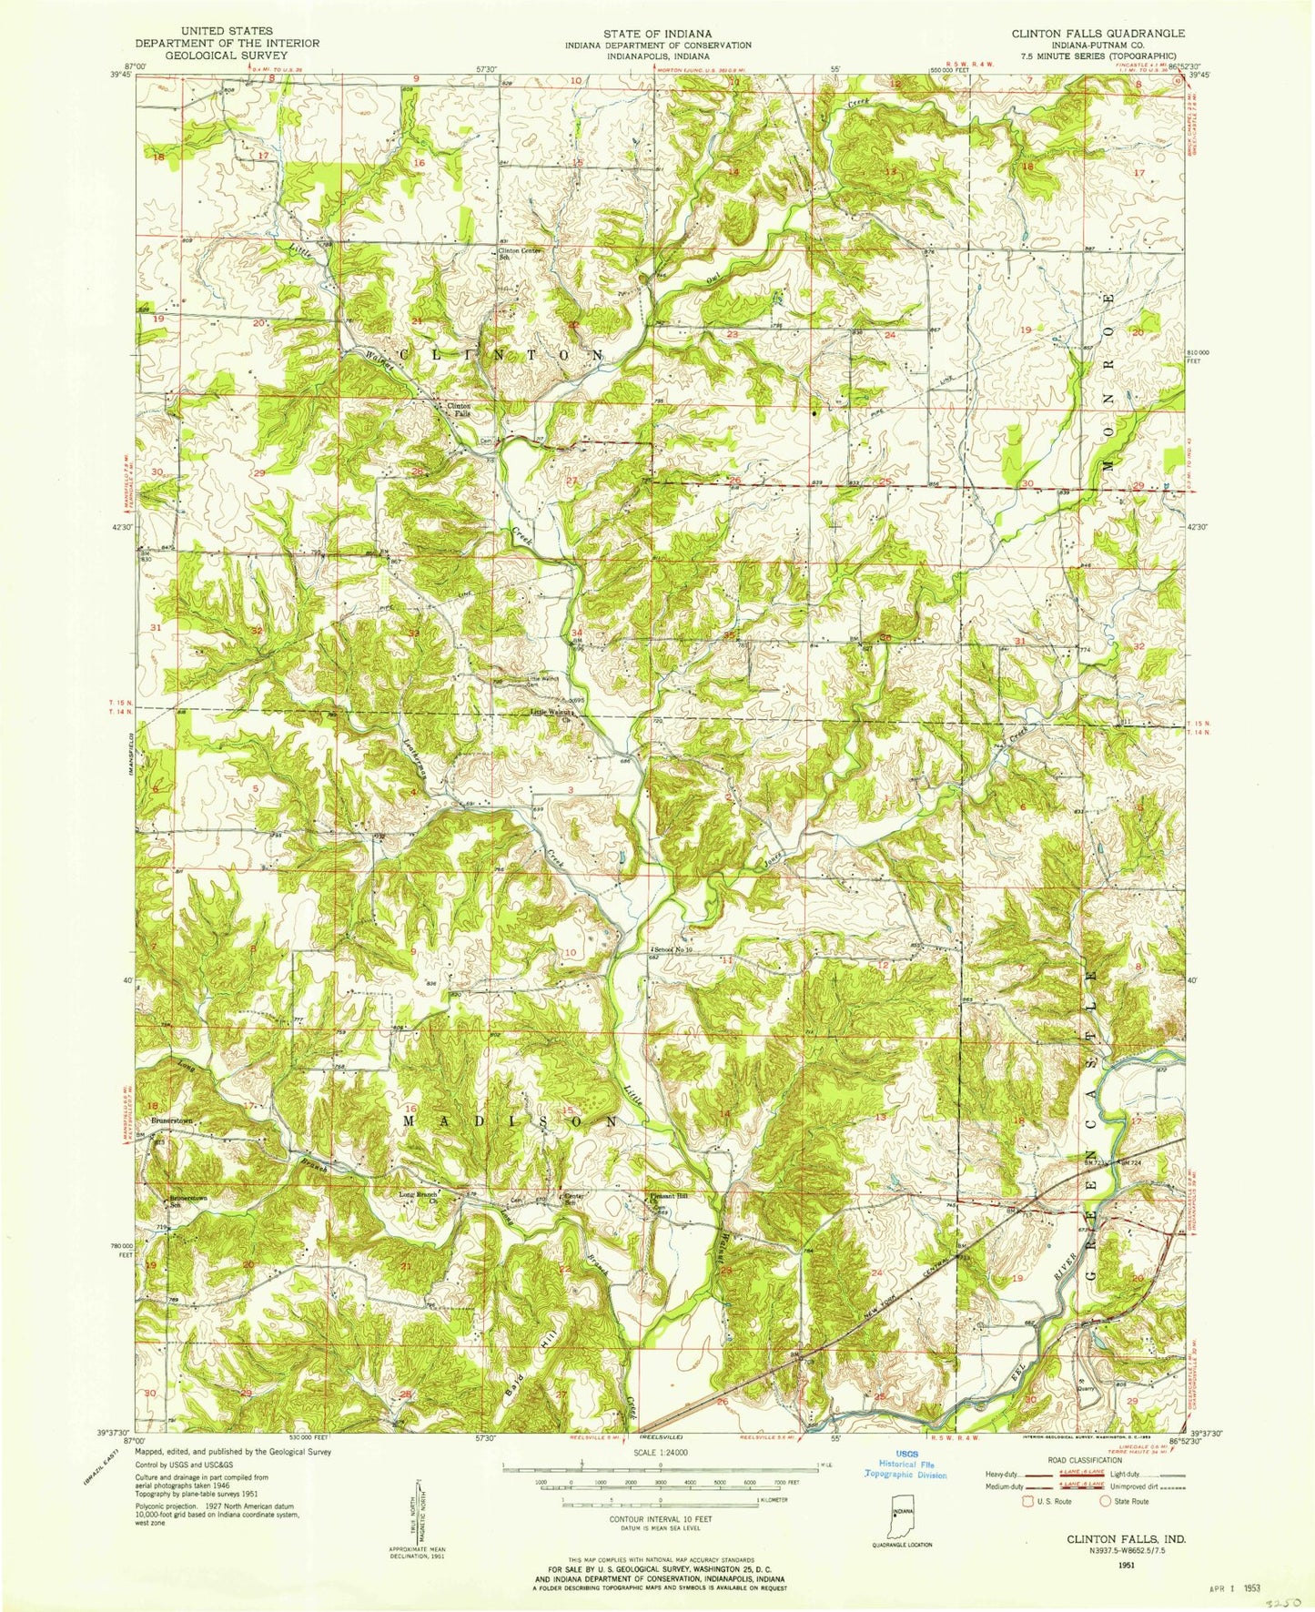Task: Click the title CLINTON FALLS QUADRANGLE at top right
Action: point(1085,33)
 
